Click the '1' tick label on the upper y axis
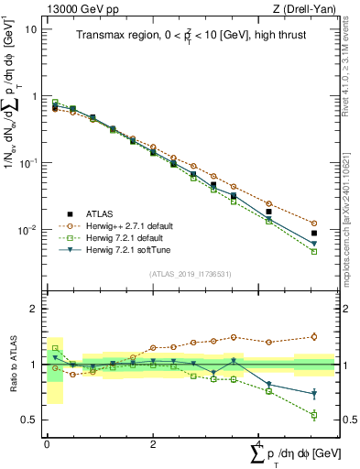[34, 95]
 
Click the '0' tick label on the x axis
[46, 443]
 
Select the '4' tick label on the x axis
[258, 443]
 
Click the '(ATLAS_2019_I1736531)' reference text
[189, 274]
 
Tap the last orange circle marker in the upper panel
[314, 224]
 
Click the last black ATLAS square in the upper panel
[314, 234]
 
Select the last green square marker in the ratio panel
[314, 415]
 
